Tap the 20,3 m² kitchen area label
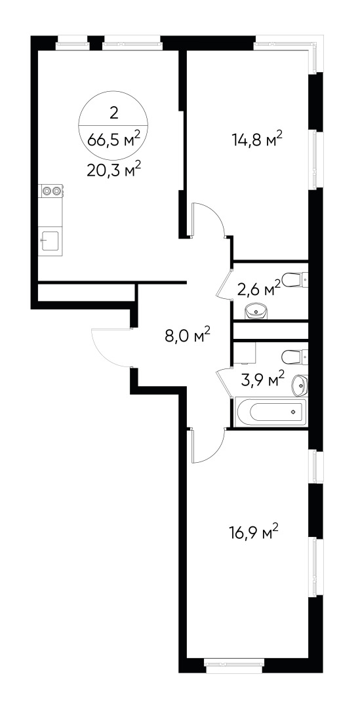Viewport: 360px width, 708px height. click(x=114, y=171)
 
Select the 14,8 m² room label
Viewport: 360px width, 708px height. click(x=256, y=139)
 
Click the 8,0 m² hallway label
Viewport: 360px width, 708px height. click(x=186, y=336)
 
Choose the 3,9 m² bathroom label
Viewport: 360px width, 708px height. click(x=262, y=379)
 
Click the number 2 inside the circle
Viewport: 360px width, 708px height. click(x=114, y=113)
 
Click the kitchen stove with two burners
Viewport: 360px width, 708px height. click(x=51, y=191)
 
